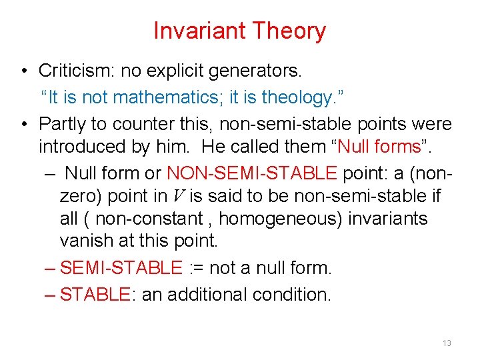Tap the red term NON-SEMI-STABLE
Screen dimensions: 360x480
tap(252, 173)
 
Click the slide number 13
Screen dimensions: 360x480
tap(447, 343)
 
